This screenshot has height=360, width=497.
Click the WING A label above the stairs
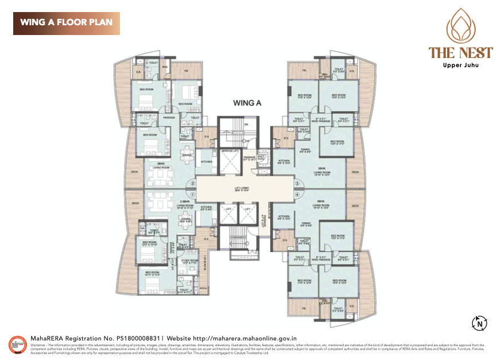click(247, 103)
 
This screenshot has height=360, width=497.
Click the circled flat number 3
click(297, 184)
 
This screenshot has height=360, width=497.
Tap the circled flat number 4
click(297, 195)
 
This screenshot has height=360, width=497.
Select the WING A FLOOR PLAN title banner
click(67, 23)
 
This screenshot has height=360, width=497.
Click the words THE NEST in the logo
click(460, 53)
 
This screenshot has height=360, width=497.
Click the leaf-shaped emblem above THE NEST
click(460, 26)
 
